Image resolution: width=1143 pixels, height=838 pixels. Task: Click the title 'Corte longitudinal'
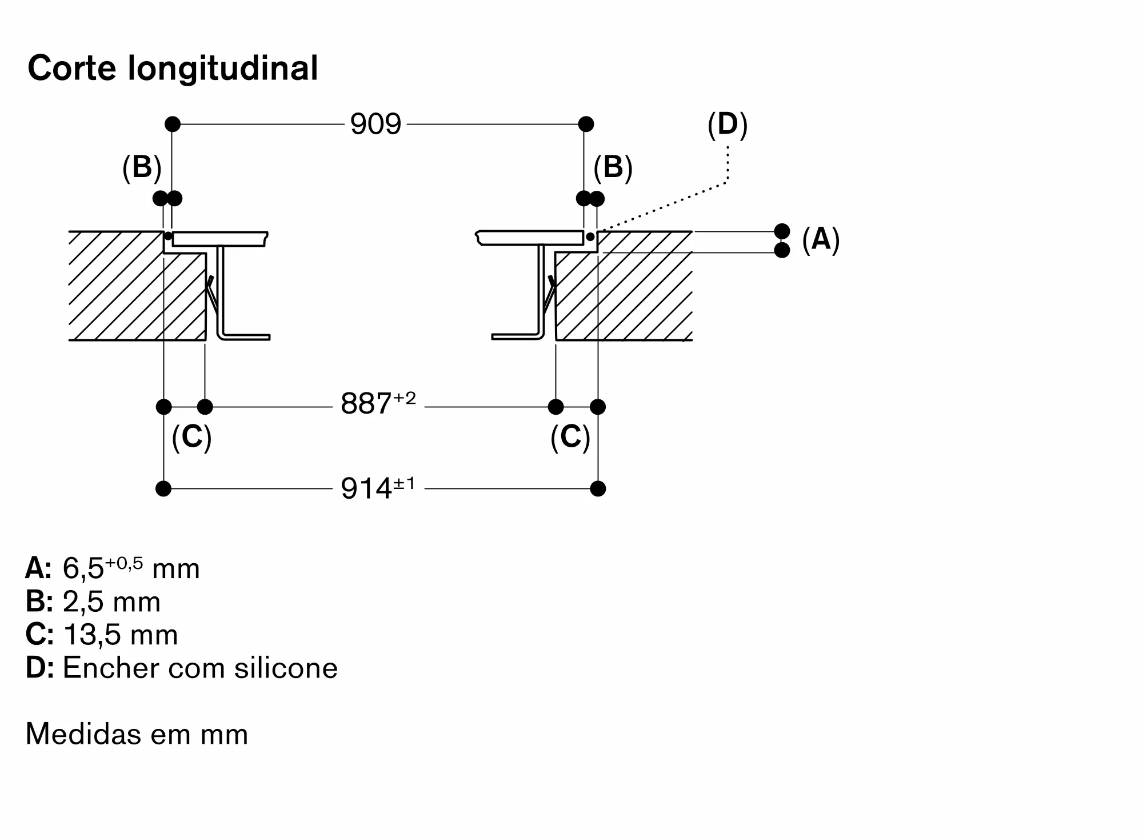click(173, 69)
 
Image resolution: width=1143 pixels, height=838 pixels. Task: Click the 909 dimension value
click(375, 124)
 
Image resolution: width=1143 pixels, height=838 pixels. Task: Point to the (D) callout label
click(728, 125)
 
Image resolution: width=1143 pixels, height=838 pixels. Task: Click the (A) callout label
click(821, 239)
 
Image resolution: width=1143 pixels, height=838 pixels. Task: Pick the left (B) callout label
click(142, 167)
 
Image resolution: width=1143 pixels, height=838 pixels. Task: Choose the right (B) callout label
click(613, 167)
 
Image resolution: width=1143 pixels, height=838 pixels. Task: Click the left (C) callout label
click(191, 437)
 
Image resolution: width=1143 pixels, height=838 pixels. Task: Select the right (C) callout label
click(570, 437)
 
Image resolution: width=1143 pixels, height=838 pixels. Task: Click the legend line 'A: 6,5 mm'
click(113, 568)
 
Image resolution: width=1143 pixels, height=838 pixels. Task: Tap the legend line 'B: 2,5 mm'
click(93, 602)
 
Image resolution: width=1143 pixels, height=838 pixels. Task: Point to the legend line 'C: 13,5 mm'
click(102, 635)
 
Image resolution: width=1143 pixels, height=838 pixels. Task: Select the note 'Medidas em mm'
click(137, 734)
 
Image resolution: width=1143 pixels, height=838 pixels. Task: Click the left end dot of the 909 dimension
click(173, 124)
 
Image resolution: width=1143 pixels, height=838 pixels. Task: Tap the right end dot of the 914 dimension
click(598, 488)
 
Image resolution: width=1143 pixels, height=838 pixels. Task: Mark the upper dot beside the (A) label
click(782, 231)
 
